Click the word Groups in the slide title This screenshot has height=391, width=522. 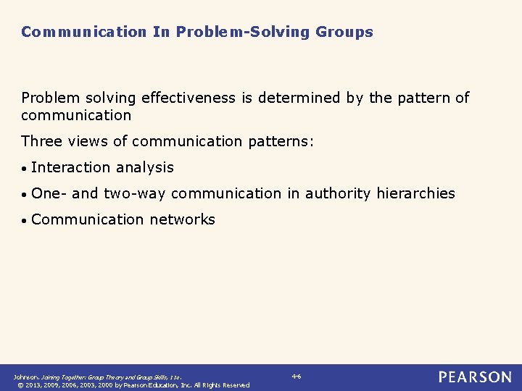click(344, 32)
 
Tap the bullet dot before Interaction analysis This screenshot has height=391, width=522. click(25, 168)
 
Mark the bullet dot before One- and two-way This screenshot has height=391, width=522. click(25, 194)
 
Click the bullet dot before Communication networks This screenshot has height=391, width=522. click(25, 220)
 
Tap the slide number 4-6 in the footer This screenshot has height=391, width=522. click(297, 376)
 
